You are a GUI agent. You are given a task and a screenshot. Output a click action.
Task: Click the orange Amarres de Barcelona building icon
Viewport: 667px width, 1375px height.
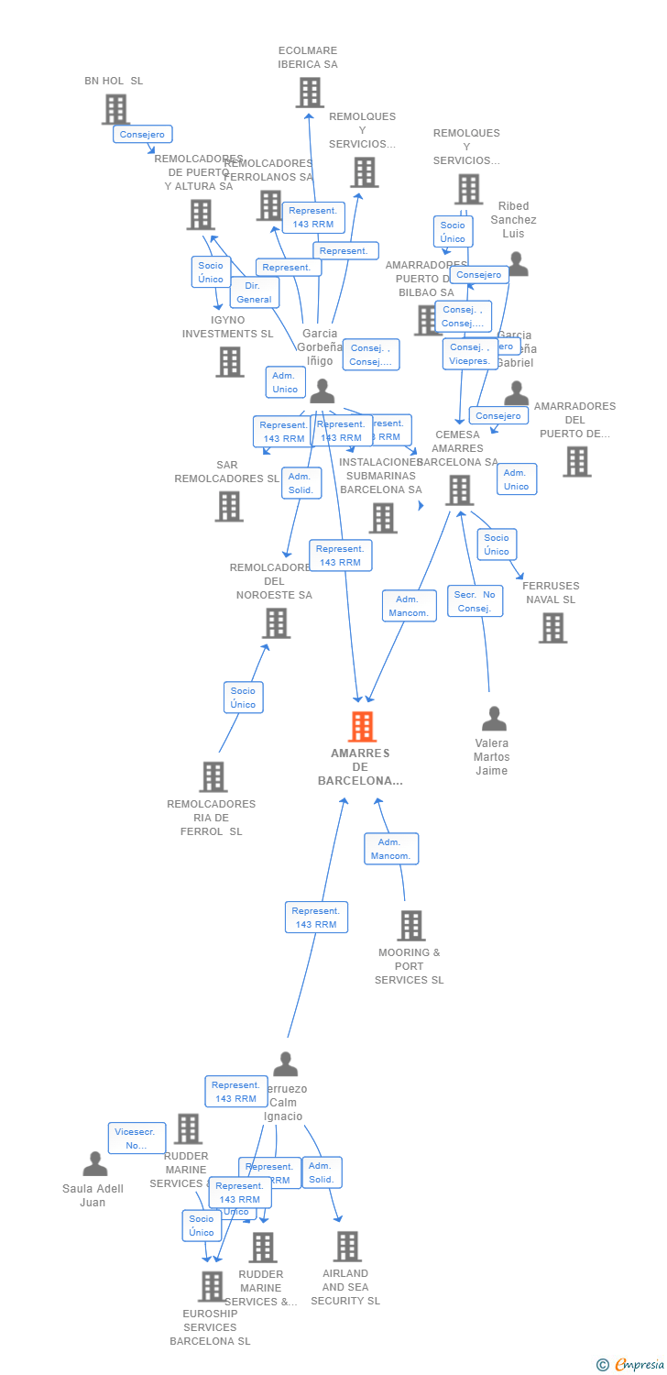[x=363, y=727]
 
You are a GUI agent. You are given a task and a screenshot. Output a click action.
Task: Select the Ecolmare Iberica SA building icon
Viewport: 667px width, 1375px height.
[x=310, y=93]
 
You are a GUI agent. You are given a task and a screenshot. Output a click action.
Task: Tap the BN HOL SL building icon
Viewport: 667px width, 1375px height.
[x=115, y=110]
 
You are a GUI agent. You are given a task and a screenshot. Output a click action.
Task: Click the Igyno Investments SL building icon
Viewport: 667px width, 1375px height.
[x=230, y=361]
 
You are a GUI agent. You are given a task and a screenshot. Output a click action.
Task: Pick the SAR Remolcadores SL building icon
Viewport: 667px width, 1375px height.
[x=229, y=506]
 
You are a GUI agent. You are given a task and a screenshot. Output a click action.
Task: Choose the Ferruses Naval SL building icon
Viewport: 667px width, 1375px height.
[x=552, y=628]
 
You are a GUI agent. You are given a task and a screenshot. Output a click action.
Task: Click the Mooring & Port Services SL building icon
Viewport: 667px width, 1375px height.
[x=411, y=926]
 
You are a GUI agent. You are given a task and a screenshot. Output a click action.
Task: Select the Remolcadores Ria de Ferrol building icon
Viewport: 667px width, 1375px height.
[x=213, y=777]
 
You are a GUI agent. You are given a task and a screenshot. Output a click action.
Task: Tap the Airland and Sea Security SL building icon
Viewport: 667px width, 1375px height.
[x=347, y=1247]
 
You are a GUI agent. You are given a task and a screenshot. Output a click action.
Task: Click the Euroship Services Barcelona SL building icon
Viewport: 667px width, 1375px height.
[x=212, y=1286]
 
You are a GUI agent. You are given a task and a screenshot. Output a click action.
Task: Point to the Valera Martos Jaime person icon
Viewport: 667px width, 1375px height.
[x=494, y=719]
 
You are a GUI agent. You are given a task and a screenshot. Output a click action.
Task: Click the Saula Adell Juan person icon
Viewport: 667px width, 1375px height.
[x=95, y=1164]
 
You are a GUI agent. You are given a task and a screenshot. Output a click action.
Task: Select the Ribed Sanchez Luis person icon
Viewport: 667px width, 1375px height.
[x=518, y=264]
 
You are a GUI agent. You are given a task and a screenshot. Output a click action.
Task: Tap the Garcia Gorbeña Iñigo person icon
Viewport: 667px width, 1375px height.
[x=322, y=391]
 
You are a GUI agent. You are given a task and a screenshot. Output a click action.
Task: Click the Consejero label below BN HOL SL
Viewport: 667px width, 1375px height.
[x=143, y=135]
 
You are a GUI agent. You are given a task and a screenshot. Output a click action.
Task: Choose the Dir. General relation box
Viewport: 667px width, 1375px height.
[x=254, y=292]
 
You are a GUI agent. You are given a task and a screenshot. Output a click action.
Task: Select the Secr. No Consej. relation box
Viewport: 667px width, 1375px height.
[x=475, y=601]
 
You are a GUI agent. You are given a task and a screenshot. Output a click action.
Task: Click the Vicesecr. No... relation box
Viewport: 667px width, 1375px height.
[x=137, y=1138]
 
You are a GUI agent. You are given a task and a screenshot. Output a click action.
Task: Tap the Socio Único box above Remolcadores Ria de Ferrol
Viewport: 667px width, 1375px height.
[x=243, y=698]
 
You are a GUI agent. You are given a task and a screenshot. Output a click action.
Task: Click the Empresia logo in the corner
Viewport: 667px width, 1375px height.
[x=631, y=1365]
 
